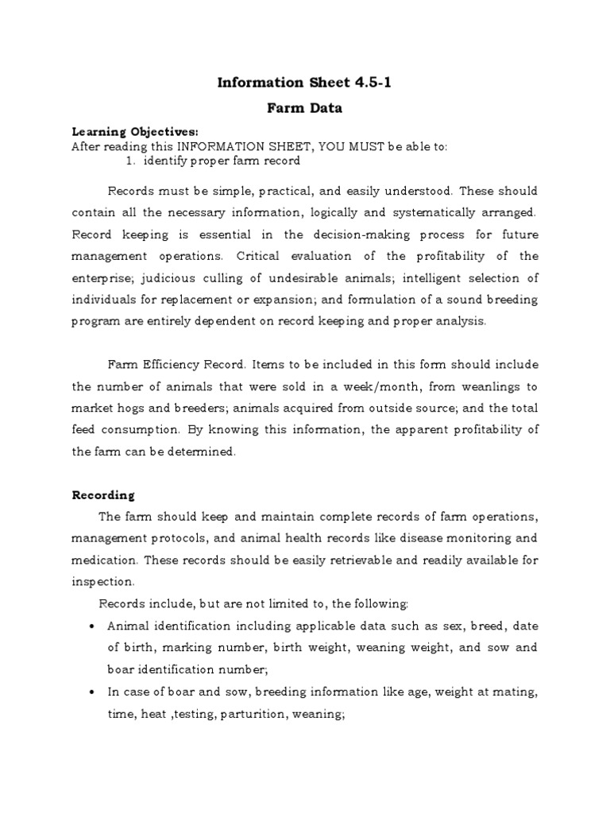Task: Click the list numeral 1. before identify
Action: (x=132, y=161)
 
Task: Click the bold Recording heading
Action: (x=103, y=494)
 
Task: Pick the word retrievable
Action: (x=348, y=560)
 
